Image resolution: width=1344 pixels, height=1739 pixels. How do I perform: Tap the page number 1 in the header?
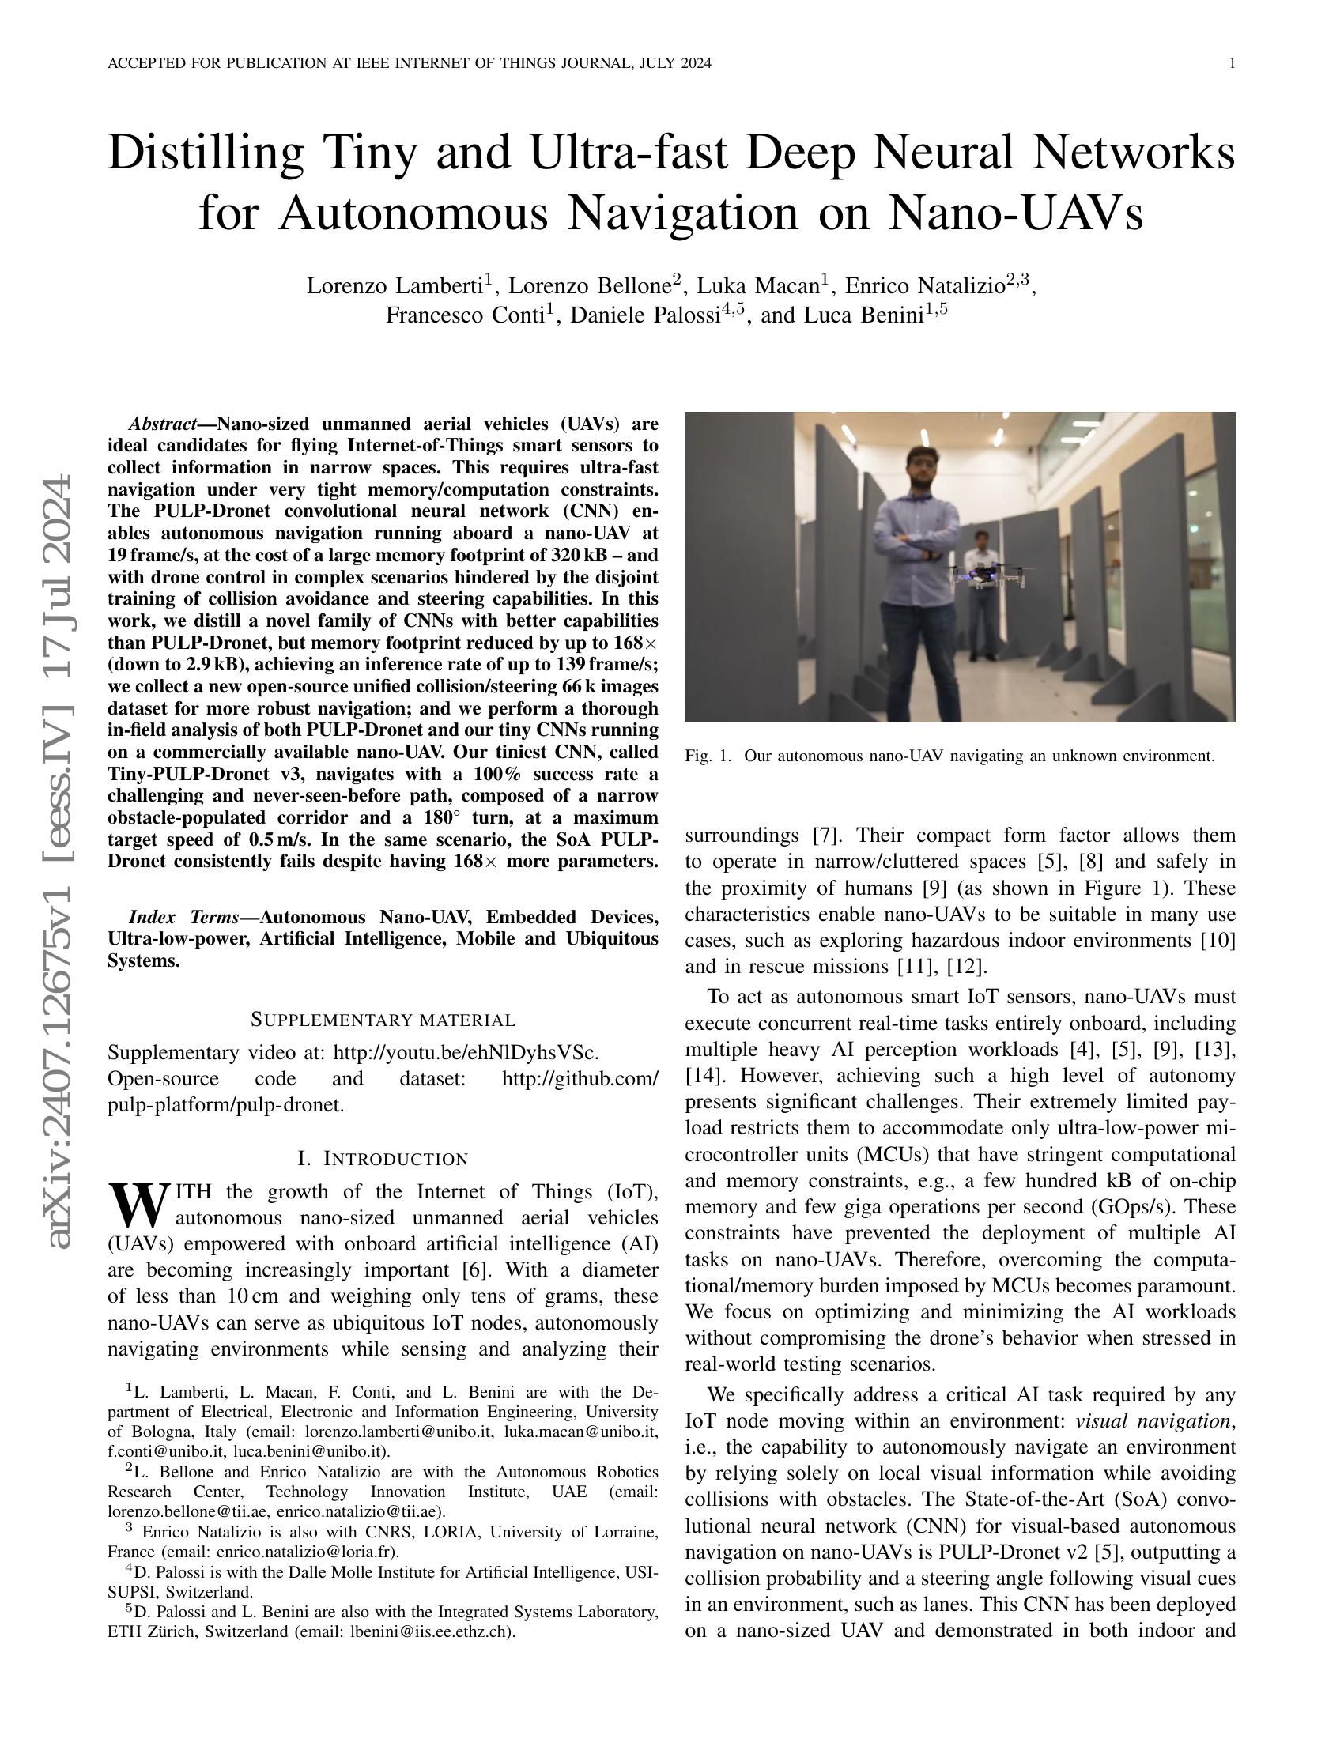[x=1232, y=64]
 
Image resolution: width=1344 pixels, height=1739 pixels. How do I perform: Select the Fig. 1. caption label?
[x=707, y=756]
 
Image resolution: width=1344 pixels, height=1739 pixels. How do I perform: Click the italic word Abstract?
[x=163, y=423]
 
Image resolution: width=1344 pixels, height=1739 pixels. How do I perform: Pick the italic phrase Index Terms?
[x=184, y=916]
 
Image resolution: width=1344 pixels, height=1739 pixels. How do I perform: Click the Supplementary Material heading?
[x=383, y=1020]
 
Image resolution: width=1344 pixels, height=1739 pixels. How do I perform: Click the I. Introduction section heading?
[x=383, y=1159]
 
